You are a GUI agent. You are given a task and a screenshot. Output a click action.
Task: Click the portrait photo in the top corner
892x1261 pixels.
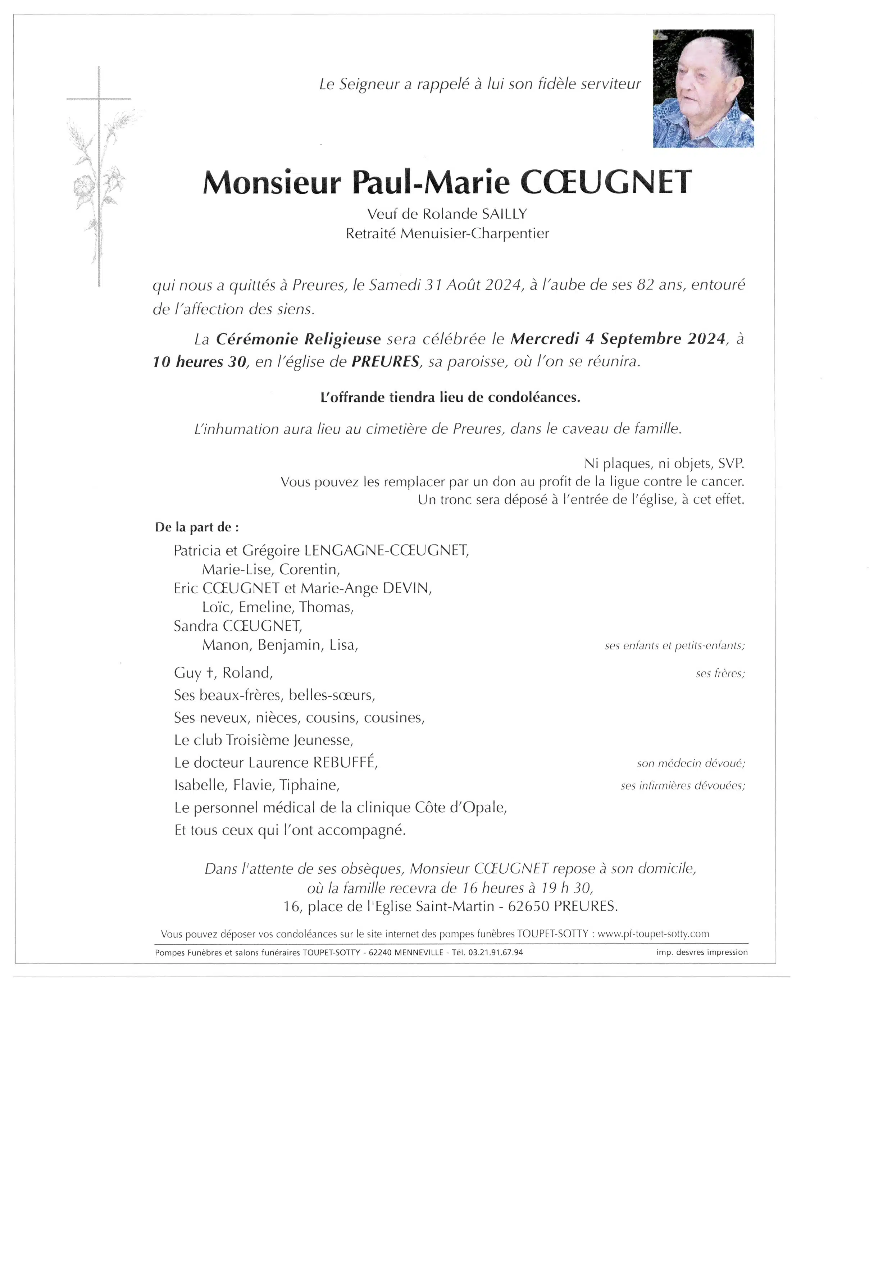click(703, 88)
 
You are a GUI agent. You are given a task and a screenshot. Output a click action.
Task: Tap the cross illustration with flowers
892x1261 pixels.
click(99, 176)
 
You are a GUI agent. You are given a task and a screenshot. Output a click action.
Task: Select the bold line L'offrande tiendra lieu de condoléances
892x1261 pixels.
click(450, 398)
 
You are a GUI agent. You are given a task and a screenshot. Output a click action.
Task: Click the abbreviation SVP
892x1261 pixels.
click(731, 463)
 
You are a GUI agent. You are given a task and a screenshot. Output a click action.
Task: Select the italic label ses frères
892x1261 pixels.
click(720, 674)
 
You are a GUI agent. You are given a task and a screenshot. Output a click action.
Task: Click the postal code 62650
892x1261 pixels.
click(528, 906)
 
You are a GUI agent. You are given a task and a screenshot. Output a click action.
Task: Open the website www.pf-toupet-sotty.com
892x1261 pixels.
click(653, 934)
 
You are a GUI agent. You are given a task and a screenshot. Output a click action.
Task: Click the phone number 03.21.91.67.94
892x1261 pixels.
click(495, 952)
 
